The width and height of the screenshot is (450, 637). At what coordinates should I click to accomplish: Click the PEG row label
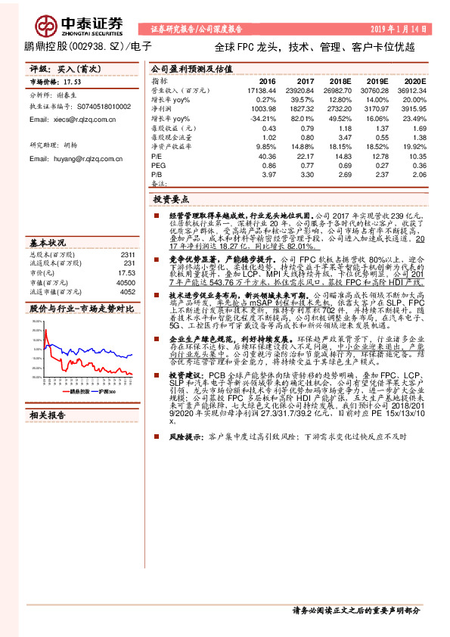158,165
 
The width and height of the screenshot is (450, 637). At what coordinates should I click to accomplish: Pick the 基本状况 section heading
47,243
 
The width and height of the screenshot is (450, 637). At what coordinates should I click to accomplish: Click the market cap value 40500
125,281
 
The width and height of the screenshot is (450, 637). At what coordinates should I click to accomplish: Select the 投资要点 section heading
170,200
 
